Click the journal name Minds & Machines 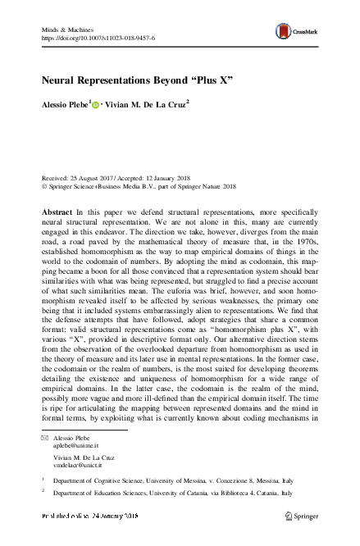[66, 28]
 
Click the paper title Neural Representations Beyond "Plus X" [137, 82]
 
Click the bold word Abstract [57, 212]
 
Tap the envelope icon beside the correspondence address [45, 440]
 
